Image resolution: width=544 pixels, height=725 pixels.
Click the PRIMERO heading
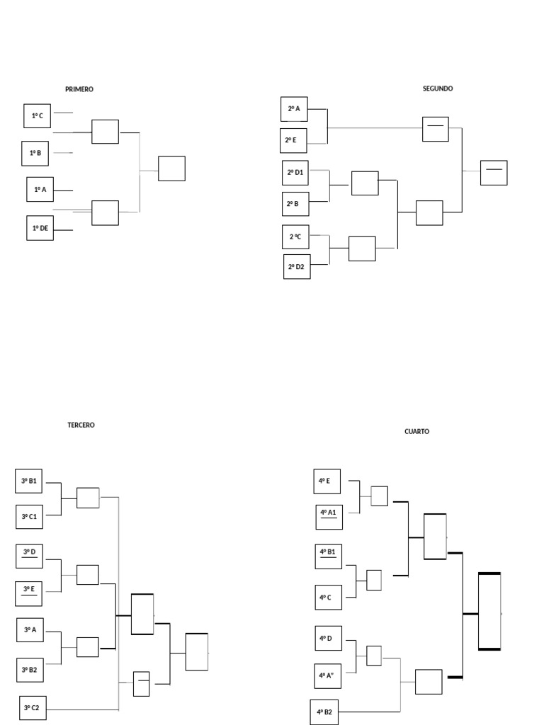pyautogui.click(x=79, y=89)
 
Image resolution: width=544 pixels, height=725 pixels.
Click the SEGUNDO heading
pyautogui.click(x=438, y=89)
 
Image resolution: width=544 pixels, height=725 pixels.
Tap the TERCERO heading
pyautogui.click(x=81, y=425)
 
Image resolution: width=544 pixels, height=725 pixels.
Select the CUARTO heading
pyautogui.click(x=416, y=431)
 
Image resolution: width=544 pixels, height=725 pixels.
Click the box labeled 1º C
pyautogui.click(x=37, y=116)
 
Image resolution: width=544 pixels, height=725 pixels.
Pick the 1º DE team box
pyautogui.click(x=40, y=228)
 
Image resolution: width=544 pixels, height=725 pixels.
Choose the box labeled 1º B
pyautogui.click(x=35, y=153)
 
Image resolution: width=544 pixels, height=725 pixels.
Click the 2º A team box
pyautogui.click(x=294, y=109)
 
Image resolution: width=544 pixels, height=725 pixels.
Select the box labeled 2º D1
pyautogui.click(x=295, y=173)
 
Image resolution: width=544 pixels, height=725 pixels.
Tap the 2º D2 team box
pyautogui.click(x=297, y=267)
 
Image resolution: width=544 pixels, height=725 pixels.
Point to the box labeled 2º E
pyautogui.click(x=293, y=141)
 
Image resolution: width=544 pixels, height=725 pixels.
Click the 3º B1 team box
pyautogui.click(x=28, y=481)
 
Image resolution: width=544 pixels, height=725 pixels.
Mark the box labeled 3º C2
pyautogui.click(x=33, y=707)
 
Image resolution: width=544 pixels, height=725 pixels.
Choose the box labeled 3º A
pyautogui.click(x=30, y=629)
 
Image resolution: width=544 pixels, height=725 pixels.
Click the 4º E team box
pyautogui.click(x=327, y=481)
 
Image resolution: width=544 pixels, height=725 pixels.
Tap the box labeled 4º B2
pyautogui.click(x=324, y=712)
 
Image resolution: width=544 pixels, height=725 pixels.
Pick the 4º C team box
pyautogui.click(x=329, y=598)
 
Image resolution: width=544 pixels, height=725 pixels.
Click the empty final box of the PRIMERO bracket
pyautogui.click(x=171, y=169)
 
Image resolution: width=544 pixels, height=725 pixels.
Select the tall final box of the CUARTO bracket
pyautogui.click(x=489, y=611)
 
